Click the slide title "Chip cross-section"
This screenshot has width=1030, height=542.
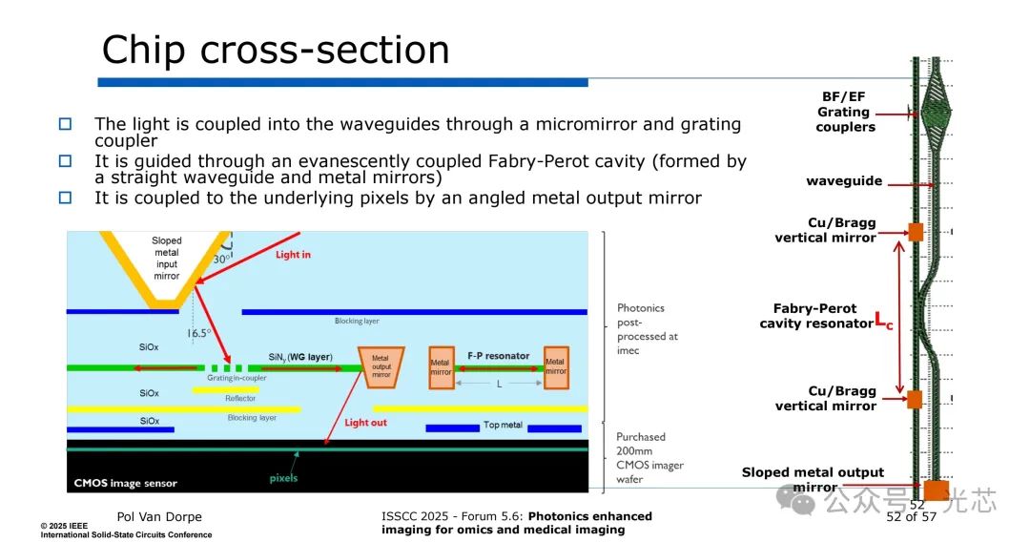(x=276, y=50)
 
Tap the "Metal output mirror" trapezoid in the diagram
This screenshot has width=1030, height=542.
(x=381, y=366)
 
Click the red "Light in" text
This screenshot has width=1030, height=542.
(x=293, y=255)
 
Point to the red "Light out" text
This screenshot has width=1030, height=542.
(x=365, y=422)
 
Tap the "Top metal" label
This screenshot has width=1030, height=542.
(x=503, y=425)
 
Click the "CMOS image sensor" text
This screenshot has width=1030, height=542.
(x=126, y=483)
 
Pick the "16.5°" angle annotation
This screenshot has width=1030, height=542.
(x=197, y=333)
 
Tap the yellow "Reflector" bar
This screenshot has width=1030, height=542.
(x=225, y=389)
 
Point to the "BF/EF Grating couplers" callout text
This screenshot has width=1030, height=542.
(x=844, y=113)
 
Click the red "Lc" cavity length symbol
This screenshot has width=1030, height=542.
(x=884, y=323)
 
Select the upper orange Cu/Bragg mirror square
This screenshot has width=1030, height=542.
(x=915, y=232)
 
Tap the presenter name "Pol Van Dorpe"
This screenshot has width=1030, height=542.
(x=159, y=517)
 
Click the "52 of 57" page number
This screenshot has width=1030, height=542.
(x=911, y=517)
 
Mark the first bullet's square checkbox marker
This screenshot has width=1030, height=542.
(x=66, y=124)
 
